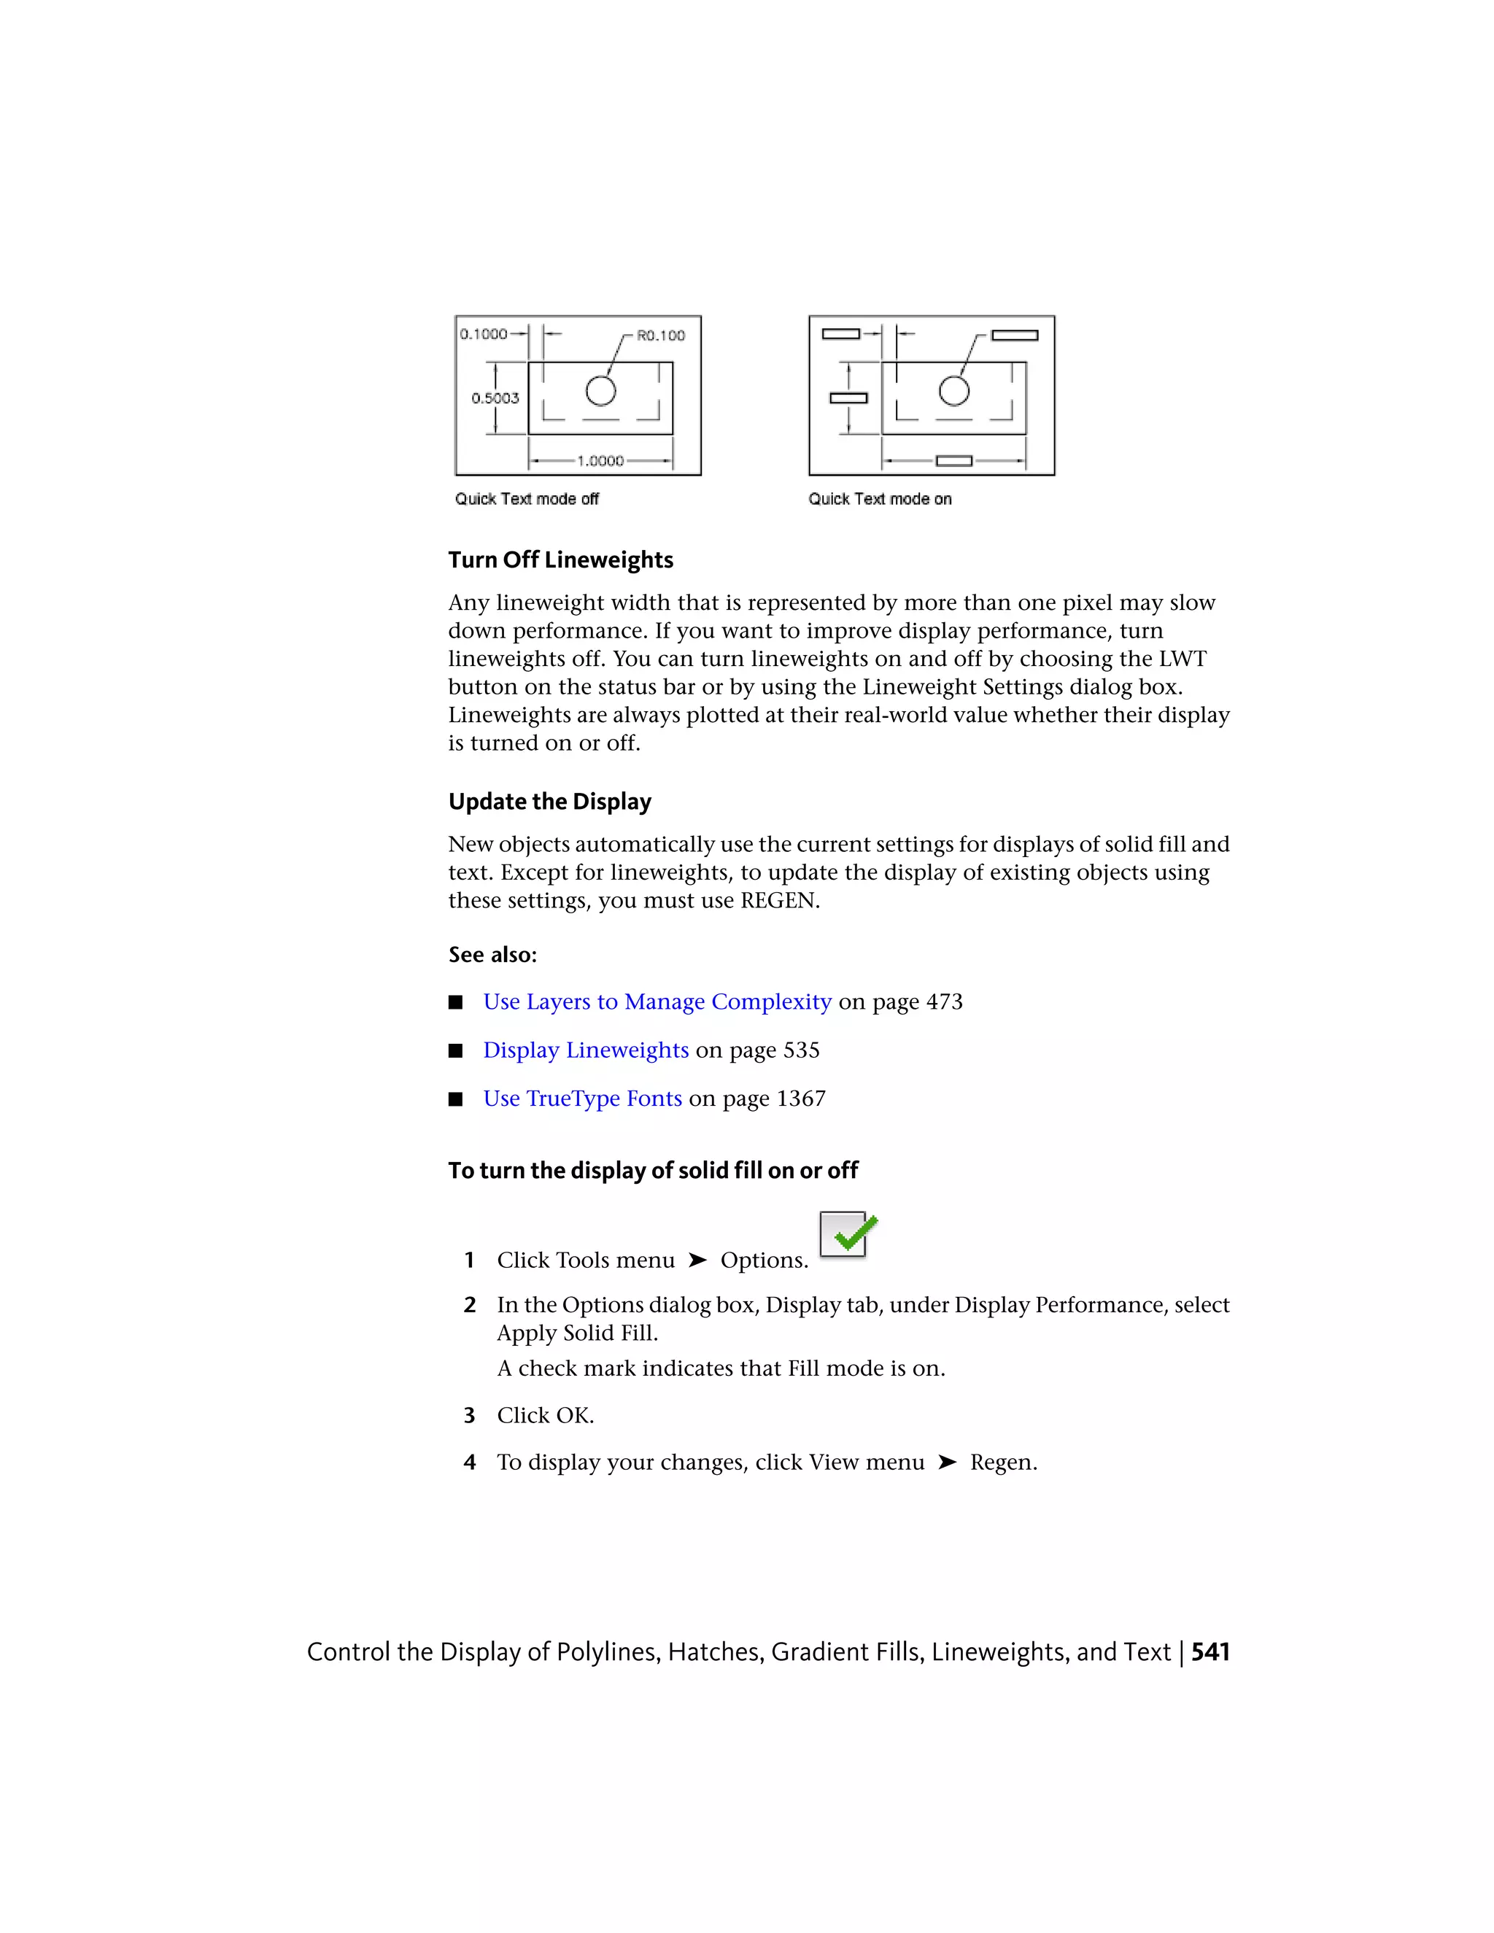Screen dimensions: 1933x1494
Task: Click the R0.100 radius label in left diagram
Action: [660, 336]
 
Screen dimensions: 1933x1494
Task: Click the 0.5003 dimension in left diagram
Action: [495, 398]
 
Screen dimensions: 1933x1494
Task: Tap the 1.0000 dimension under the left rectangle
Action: [600, 460]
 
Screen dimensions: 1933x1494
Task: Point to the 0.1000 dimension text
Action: [483, 333]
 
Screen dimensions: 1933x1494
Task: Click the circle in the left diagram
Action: [600, 390]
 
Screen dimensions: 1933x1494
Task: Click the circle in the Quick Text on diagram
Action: [953, 390]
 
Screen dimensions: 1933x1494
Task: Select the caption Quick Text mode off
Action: [527, 499]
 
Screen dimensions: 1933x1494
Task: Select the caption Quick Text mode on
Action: [880, 499]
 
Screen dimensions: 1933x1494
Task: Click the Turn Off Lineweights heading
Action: [560, 560]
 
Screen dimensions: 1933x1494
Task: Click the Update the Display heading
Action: [549, 802]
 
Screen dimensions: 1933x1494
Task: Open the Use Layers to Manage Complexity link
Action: [657, 1002]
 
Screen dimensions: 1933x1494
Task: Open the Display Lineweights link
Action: [585, 1050]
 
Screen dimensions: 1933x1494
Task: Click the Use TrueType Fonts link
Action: [582, 1099]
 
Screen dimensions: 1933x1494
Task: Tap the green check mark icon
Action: [848, 1235]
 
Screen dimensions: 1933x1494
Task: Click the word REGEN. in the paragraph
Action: [780, 901]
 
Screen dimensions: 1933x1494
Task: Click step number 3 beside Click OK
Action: [469, 1416]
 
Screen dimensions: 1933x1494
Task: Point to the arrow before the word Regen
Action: [947, 1462]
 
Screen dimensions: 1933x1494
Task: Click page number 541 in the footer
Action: [1210, 1652]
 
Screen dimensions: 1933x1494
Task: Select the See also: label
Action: [492, 955]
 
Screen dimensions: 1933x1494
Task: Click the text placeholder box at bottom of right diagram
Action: [953, 461]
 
